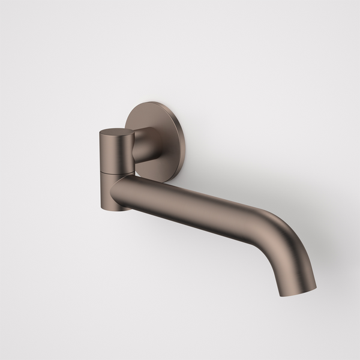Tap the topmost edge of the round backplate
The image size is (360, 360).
point(157,97)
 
